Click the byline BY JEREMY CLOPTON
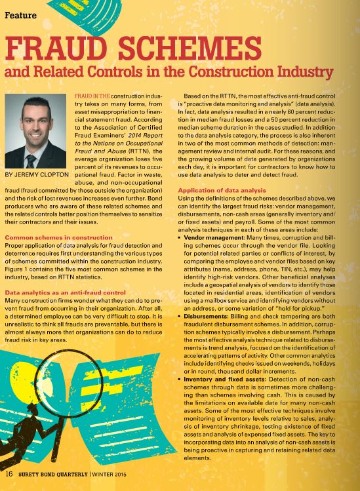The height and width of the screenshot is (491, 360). pyautogui.click(x=37, y=176)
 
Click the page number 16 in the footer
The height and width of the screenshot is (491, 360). pyautogui.click(x=10, y=473)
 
